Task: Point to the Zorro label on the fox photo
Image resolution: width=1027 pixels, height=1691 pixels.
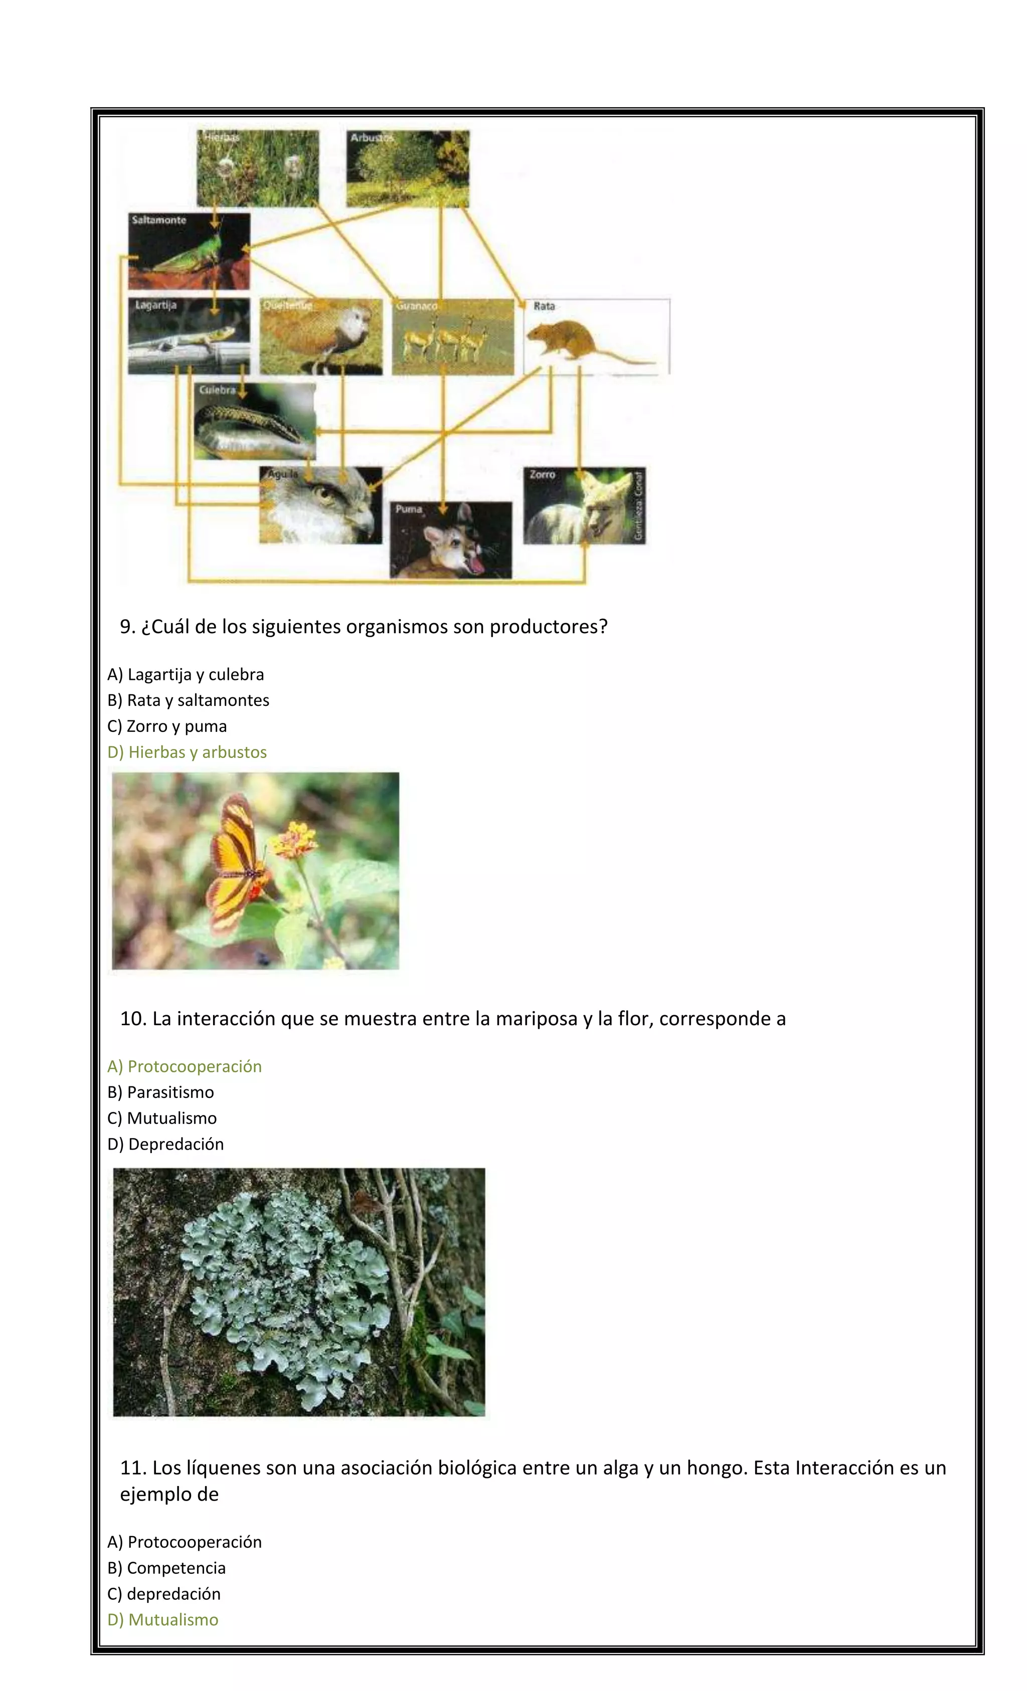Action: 542,474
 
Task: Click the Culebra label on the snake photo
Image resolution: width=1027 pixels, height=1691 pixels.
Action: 217,390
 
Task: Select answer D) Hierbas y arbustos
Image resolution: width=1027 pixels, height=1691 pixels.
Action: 187,752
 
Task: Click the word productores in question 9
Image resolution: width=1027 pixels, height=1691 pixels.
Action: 548,627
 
